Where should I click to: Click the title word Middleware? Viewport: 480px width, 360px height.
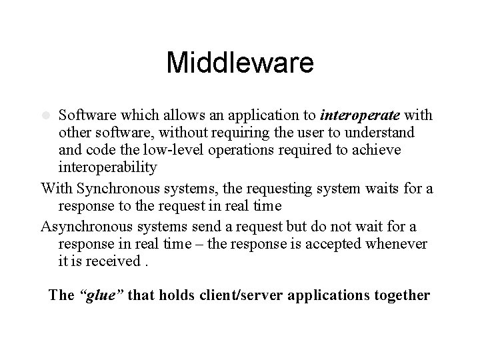tap(239, 63)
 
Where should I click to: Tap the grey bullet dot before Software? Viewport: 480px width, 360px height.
tap(47, 116)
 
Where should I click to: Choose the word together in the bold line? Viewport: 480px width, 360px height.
tap(399, 295)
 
